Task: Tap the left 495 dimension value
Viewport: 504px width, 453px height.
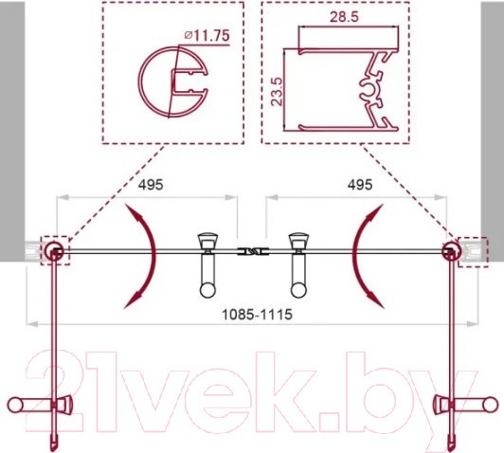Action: (148, 185)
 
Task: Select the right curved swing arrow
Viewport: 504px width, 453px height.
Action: (367, 253)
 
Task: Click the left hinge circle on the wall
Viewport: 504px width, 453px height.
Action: (56, 251)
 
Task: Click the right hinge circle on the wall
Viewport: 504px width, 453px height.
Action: (451, 251)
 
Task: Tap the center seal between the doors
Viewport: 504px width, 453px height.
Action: (254, 252)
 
